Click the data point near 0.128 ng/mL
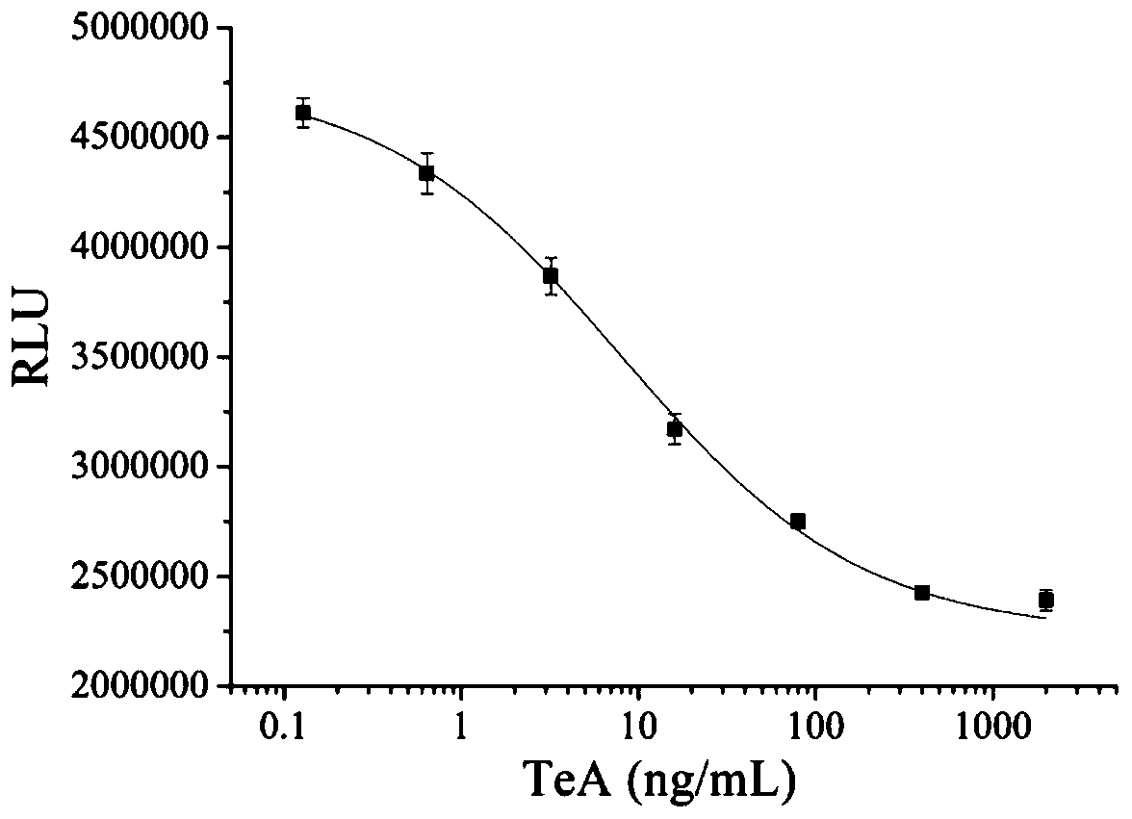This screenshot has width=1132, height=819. [303, 113]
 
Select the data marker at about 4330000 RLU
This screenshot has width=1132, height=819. [426, 173]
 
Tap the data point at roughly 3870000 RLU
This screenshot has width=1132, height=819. [551, 276]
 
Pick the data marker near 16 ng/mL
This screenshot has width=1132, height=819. [675, 428]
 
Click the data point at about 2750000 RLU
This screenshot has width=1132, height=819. [798, 522]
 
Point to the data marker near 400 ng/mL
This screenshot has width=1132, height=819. [922, 593]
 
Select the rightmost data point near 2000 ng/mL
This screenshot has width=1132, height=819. [1046, 601]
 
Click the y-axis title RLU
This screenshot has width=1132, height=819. [32, 355]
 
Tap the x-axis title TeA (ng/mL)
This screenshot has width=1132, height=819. [660, 782]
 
